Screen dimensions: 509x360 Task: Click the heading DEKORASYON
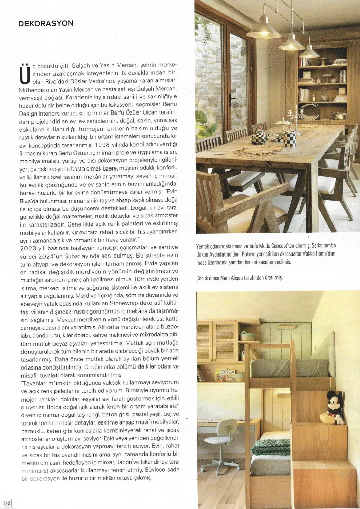(46, 24)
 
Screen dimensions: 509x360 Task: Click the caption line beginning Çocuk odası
(239, 278)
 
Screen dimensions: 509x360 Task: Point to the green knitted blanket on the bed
(269, 447)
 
